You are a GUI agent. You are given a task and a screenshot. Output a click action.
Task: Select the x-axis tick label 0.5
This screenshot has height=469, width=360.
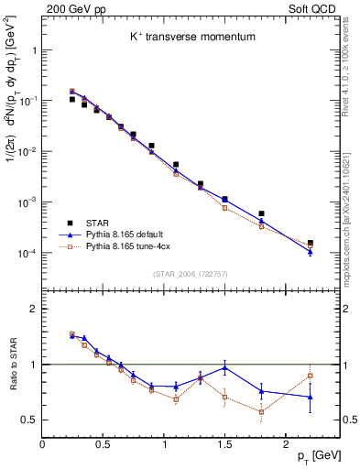tap(104, 443)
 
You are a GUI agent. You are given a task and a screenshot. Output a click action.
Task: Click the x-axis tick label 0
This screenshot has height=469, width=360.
tap(43, 443)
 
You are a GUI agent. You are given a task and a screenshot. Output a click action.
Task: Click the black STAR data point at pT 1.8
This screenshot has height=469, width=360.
tap(261, 213)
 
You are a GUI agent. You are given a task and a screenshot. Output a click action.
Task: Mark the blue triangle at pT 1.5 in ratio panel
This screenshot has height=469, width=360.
tap(224, 367)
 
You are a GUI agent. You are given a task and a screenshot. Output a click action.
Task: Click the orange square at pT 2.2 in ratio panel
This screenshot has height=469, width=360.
tap(310, 376)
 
